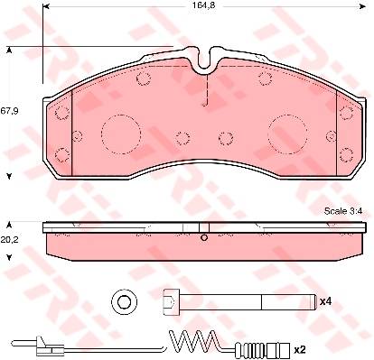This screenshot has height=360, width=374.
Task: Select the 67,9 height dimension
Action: (9, 111)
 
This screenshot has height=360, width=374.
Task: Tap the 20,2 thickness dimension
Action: (9, 240)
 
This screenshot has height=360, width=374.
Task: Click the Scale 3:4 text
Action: (343, 211)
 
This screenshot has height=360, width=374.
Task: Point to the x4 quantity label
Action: (325, 301)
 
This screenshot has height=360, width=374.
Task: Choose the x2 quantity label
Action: (300, 349)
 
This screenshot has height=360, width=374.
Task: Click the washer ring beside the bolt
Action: (125, 301)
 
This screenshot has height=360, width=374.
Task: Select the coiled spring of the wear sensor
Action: (193, 340)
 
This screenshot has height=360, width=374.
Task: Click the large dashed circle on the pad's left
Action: (121, 134)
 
